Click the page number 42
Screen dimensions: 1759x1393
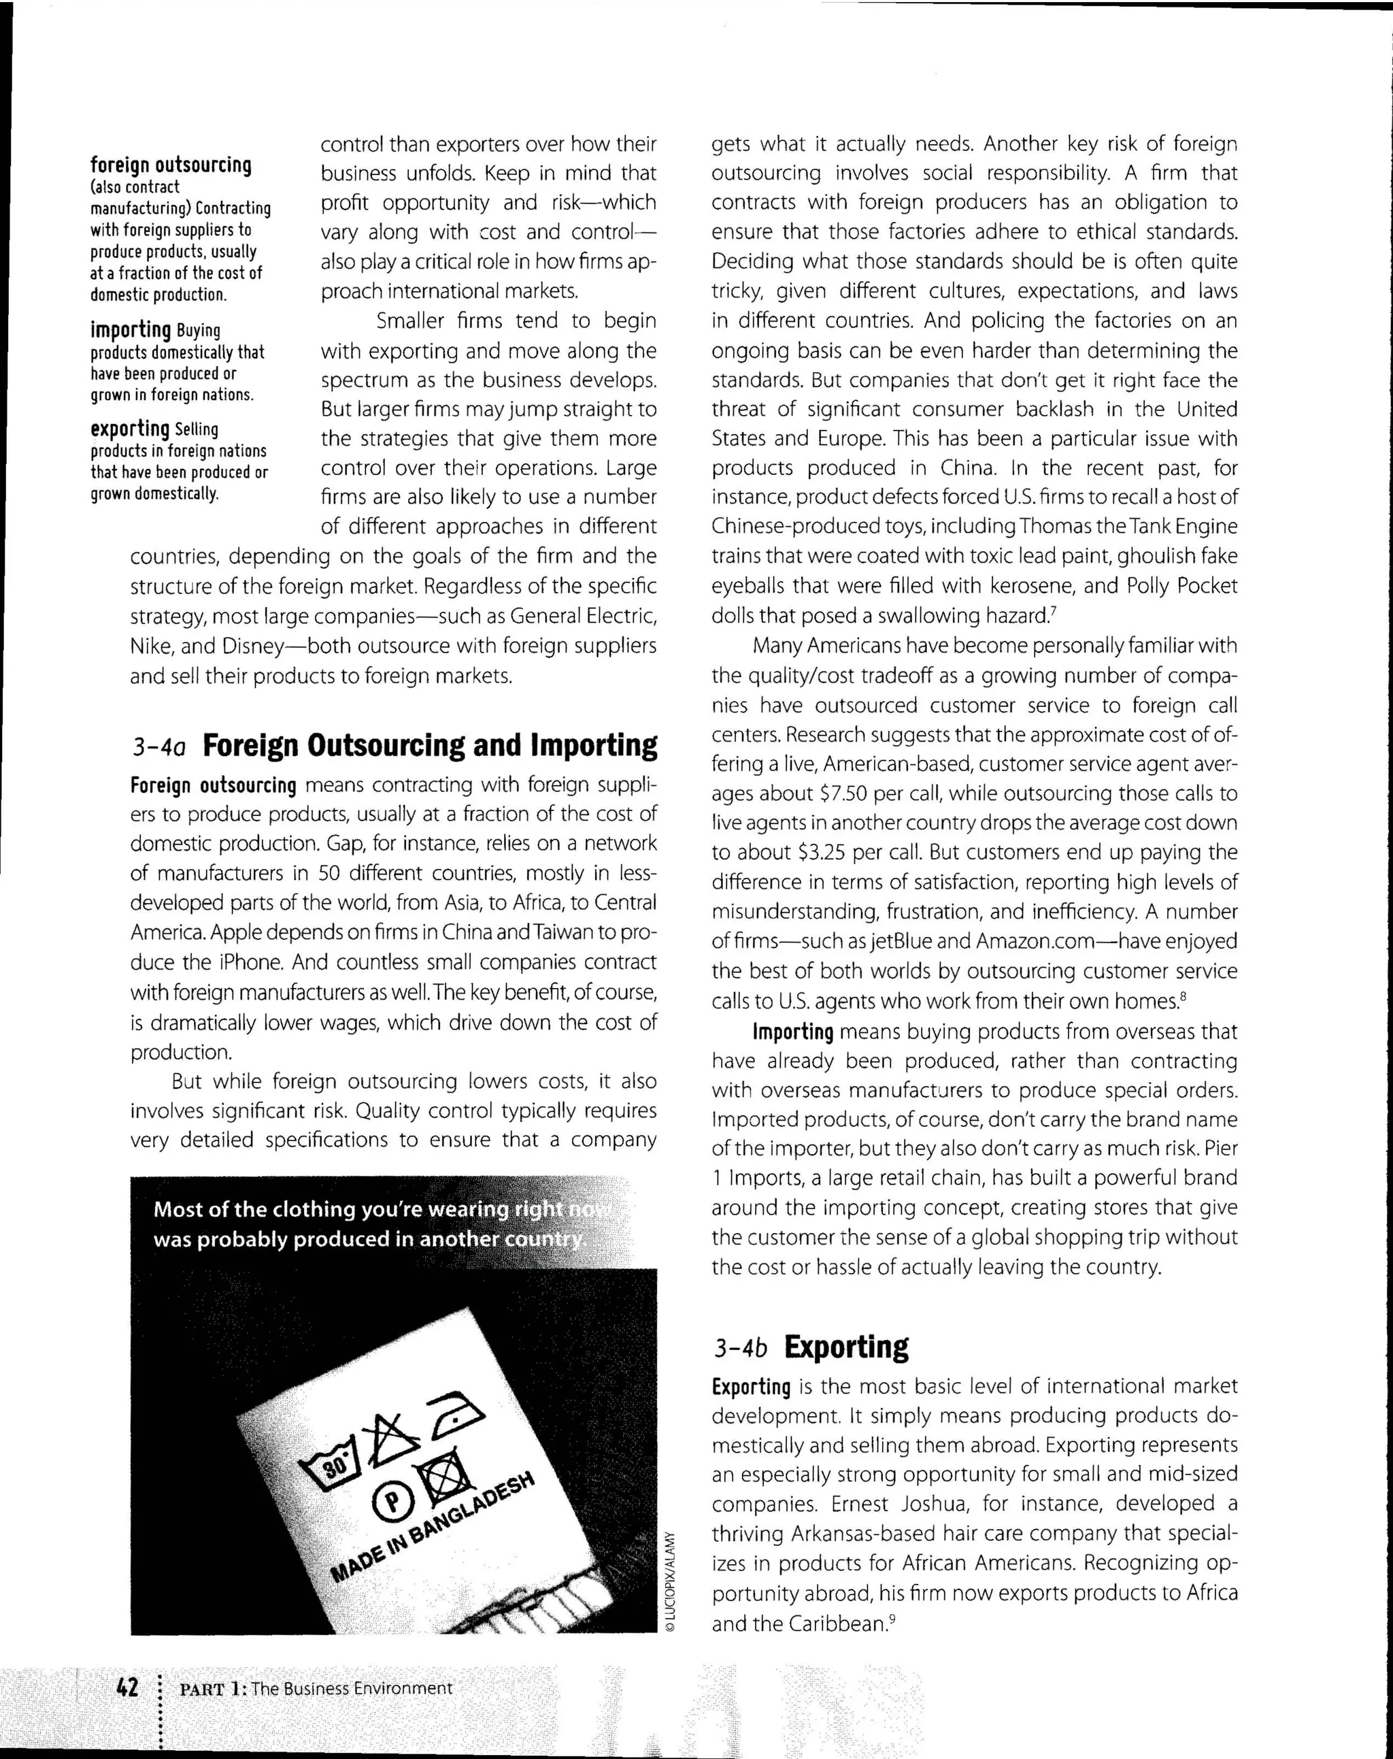click(127, 1686)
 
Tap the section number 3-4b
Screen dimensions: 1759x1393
click(741, 1349)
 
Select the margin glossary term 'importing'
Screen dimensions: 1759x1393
click(131, 329)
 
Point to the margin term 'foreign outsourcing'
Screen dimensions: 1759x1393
click(171, 165)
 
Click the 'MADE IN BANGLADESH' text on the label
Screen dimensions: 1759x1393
click(433, 1526)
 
